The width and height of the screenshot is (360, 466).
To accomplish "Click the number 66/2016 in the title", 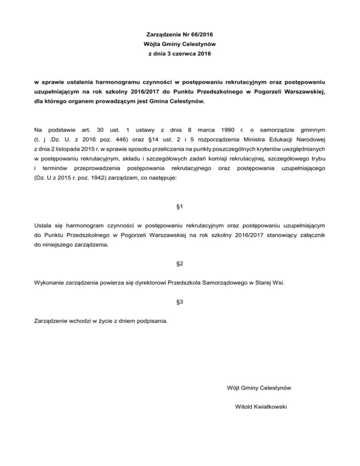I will [202, 35].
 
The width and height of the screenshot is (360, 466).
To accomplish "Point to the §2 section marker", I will [180, 263].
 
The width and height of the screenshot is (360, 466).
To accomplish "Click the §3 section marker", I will [180, 302].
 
